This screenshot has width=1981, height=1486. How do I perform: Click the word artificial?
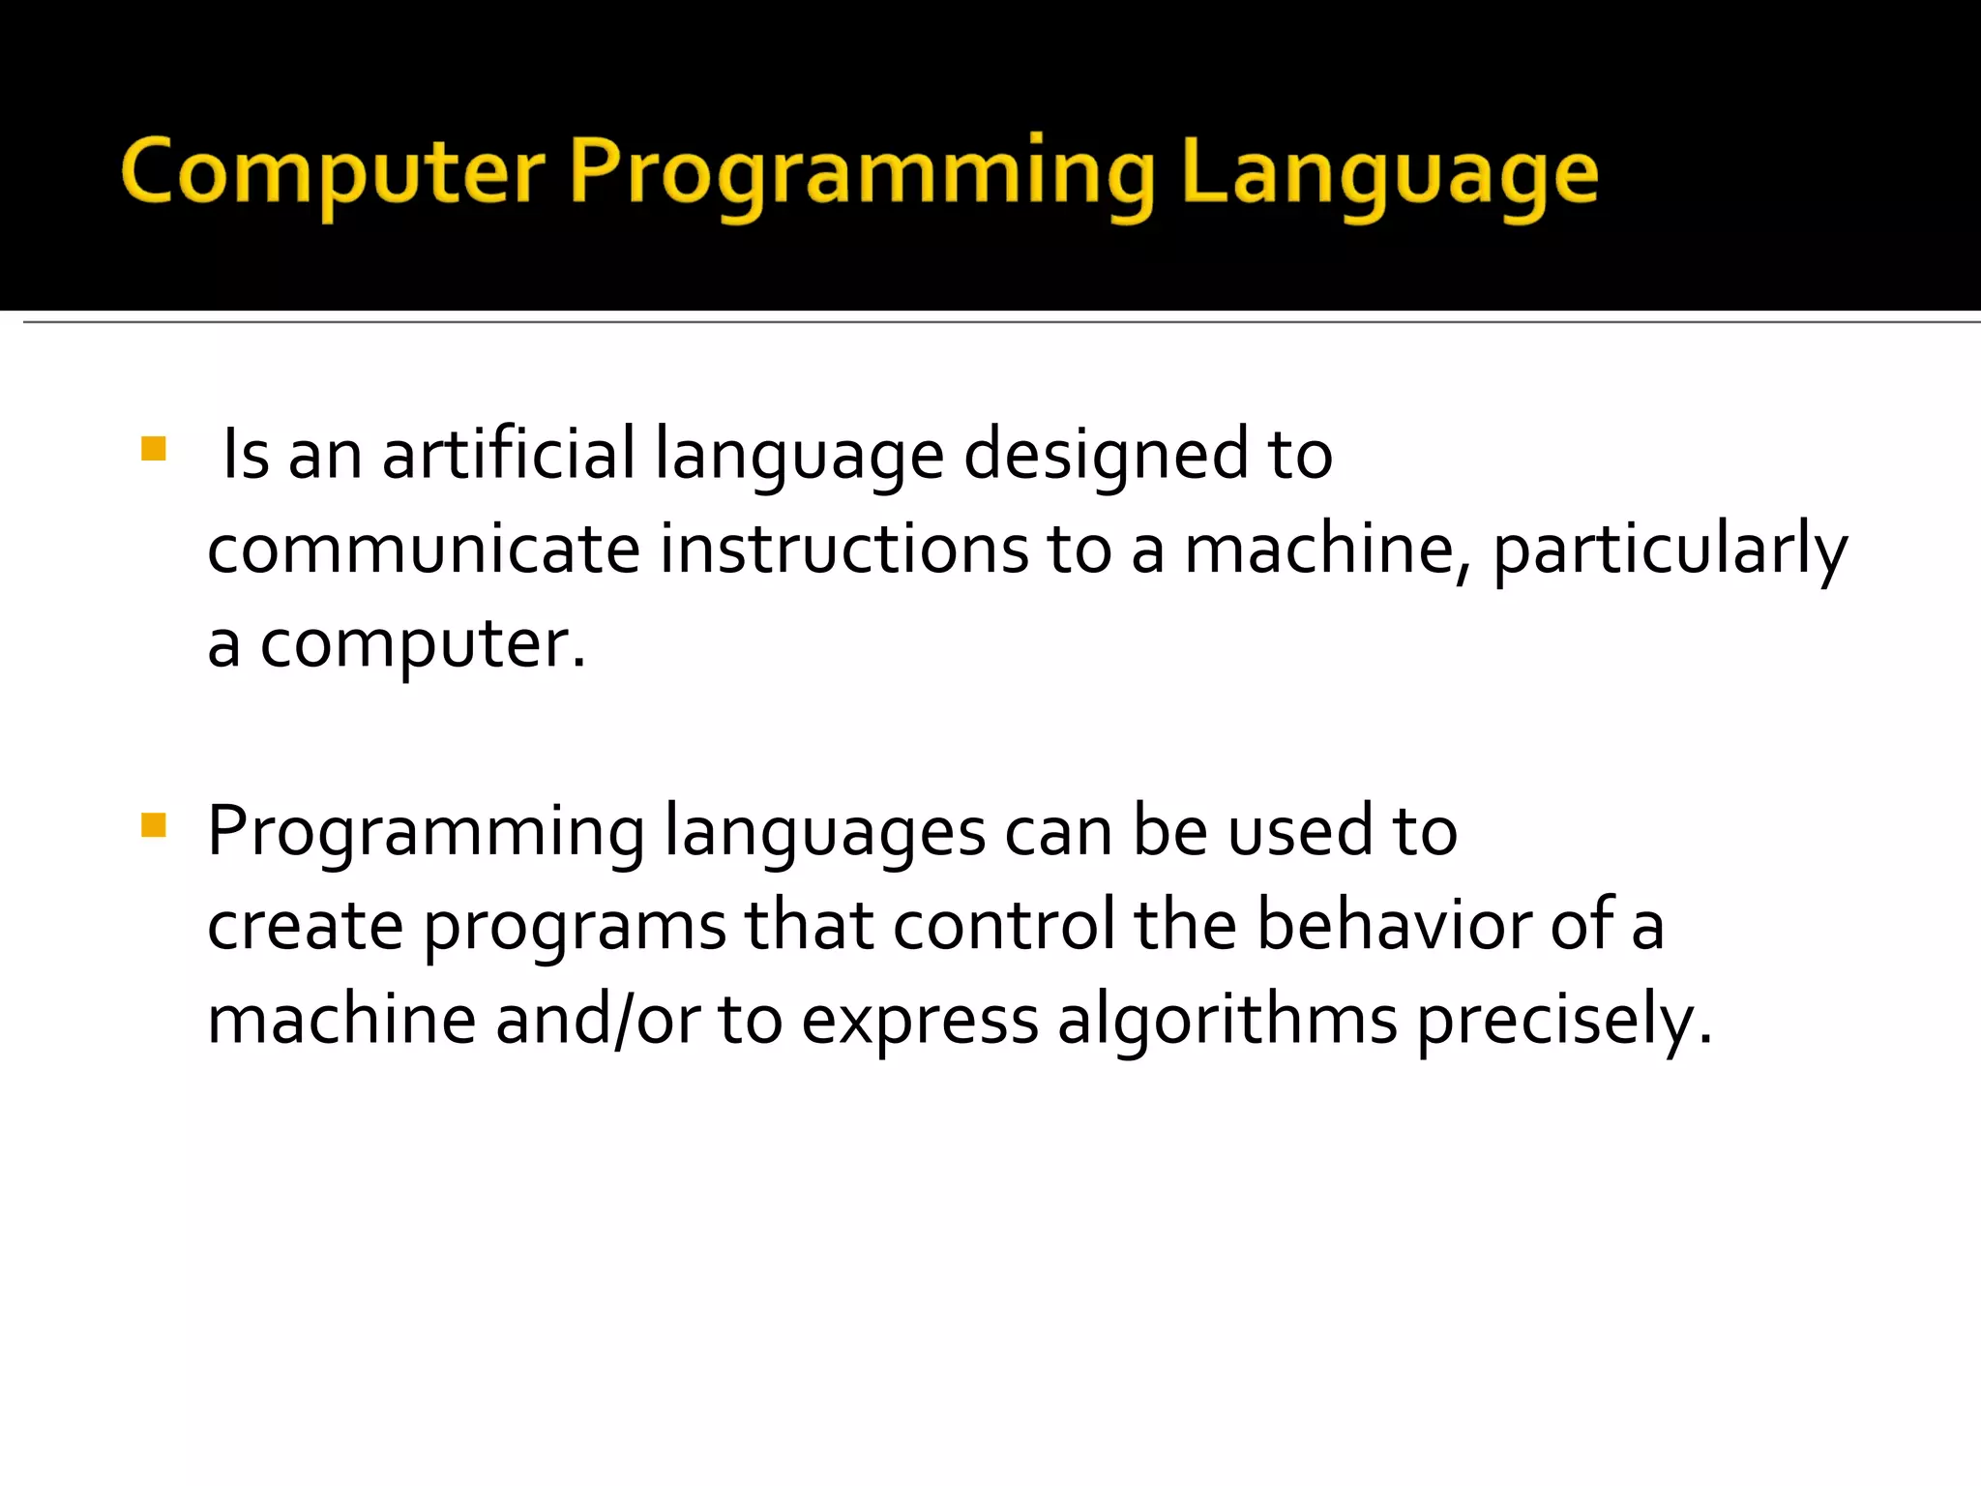(x=509, y=455)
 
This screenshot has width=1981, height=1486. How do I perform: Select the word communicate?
(x=424, y=550)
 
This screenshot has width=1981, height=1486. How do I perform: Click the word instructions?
(x=844, y=550)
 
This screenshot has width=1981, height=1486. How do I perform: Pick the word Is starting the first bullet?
(x=246, y=455)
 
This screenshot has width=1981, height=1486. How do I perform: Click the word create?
(x=305, y=926)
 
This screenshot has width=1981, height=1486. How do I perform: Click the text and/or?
(x=598, y=1019)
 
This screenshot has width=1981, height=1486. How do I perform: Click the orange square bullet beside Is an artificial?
(x=154, y=449)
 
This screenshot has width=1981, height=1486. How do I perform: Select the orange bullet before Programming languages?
(x=154, y=825)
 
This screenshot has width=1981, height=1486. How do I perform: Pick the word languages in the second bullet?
(x=825, y=833)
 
